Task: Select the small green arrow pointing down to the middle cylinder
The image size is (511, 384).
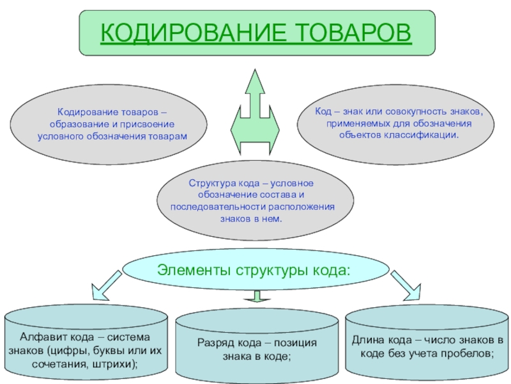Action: pyautogui.click(x=257, y=296)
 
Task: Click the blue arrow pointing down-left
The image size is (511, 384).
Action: pyautogui.click(x=105, y=284)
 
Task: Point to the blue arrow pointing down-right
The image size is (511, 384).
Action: pyautogui.click(x=406, y=284)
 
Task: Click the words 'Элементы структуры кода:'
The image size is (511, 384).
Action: pyautogui.click(x=254, y=269)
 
